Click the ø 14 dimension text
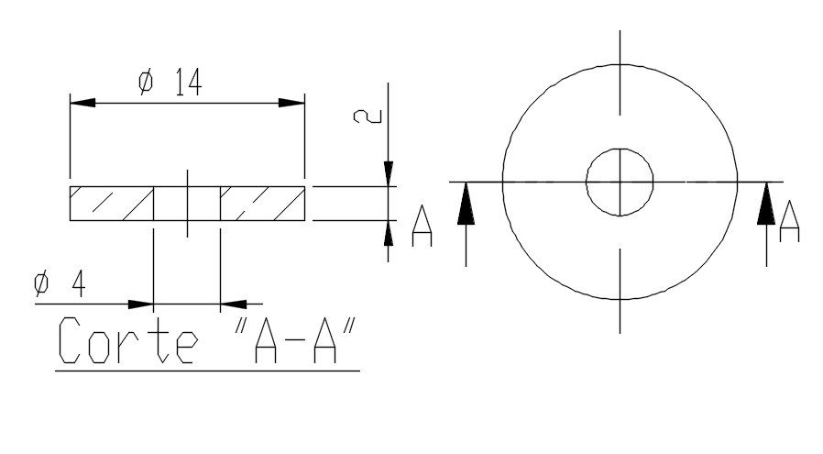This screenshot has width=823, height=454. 170,83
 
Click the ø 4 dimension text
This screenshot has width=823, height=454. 60,285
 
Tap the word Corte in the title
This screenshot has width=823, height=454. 126,341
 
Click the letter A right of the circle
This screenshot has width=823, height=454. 789,223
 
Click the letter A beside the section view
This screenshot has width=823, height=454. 422,227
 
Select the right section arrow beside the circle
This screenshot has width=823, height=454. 766,205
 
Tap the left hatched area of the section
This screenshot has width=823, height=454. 111,203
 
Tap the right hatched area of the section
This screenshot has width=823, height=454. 262,203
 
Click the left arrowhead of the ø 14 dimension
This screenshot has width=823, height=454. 82,102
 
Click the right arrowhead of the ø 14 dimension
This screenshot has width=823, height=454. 291,102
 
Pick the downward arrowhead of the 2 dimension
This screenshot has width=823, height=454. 389,174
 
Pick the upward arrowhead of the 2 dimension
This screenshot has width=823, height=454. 389,233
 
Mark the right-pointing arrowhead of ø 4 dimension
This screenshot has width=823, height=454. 140,304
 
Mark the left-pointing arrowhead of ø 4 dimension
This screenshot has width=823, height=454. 233,304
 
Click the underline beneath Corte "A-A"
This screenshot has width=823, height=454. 207,371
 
